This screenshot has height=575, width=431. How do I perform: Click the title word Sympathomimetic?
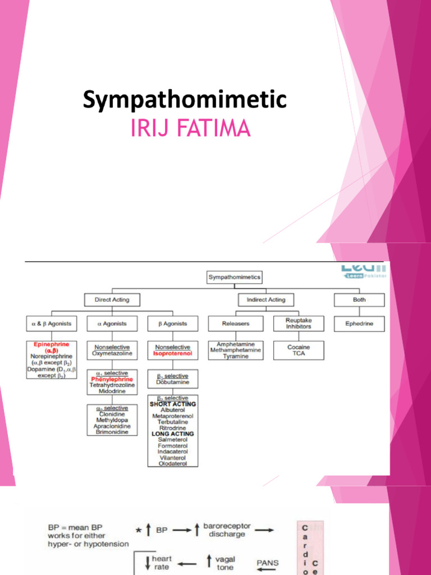[185, 100]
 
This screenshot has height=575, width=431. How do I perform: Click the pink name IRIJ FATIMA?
[190, 128]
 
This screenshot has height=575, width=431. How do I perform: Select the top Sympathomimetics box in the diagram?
[235, 277]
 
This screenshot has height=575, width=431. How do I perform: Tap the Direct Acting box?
[112, 300]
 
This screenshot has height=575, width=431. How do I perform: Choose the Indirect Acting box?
[266, 300]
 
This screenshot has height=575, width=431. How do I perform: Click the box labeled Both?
[359, 300]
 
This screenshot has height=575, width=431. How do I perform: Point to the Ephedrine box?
[359, 323]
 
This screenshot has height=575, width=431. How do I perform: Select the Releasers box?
[235, 323]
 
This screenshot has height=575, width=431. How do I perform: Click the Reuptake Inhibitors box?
[299, 323]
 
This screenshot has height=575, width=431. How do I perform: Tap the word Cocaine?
[299, 347]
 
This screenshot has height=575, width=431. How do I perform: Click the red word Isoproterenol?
[173, 354]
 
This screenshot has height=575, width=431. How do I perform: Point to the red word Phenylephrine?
[112, 379]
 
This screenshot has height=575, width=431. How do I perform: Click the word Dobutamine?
[173, 382]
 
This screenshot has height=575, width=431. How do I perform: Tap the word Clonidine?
[112, 414]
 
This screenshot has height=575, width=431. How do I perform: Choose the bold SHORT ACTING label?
[173, 404]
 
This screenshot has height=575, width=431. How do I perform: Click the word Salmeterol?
[173, 440]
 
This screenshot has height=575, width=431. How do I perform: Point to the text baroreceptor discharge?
[227, 531]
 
